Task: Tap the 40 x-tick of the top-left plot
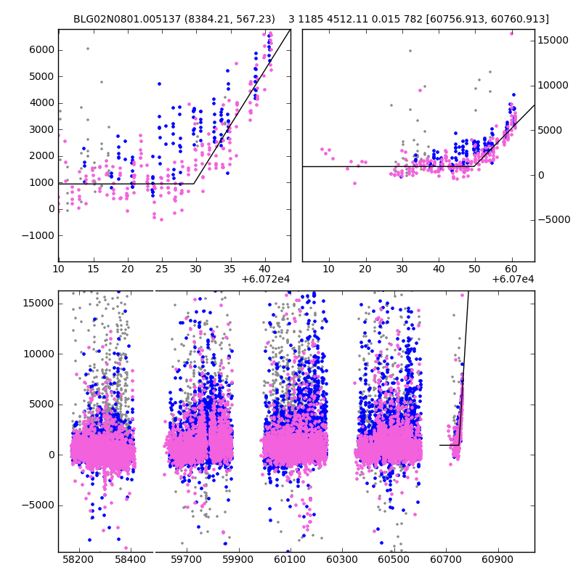tap(265, 269)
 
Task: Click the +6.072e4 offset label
tap(266, 280)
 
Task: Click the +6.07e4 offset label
tap(513, 280)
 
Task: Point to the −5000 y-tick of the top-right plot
tap(554, 220)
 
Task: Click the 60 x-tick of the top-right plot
tap(512, 269)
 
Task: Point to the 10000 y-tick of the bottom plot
tap(39, 354)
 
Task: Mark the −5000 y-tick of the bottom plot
tap(38, 505)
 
